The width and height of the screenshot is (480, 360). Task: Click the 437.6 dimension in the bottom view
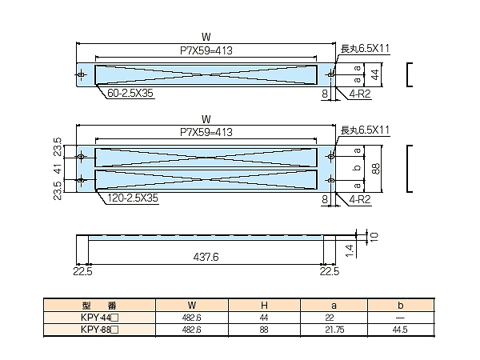coord(206,258)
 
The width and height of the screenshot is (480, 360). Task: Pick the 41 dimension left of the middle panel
coord(58,170)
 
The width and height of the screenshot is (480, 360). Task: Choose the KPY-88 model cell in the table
coord(100,329)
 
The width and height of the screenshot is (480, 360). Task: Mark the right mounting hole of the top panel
coord(332,74)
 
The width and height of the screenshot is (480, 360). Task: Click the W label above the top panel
coord(206,36)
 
